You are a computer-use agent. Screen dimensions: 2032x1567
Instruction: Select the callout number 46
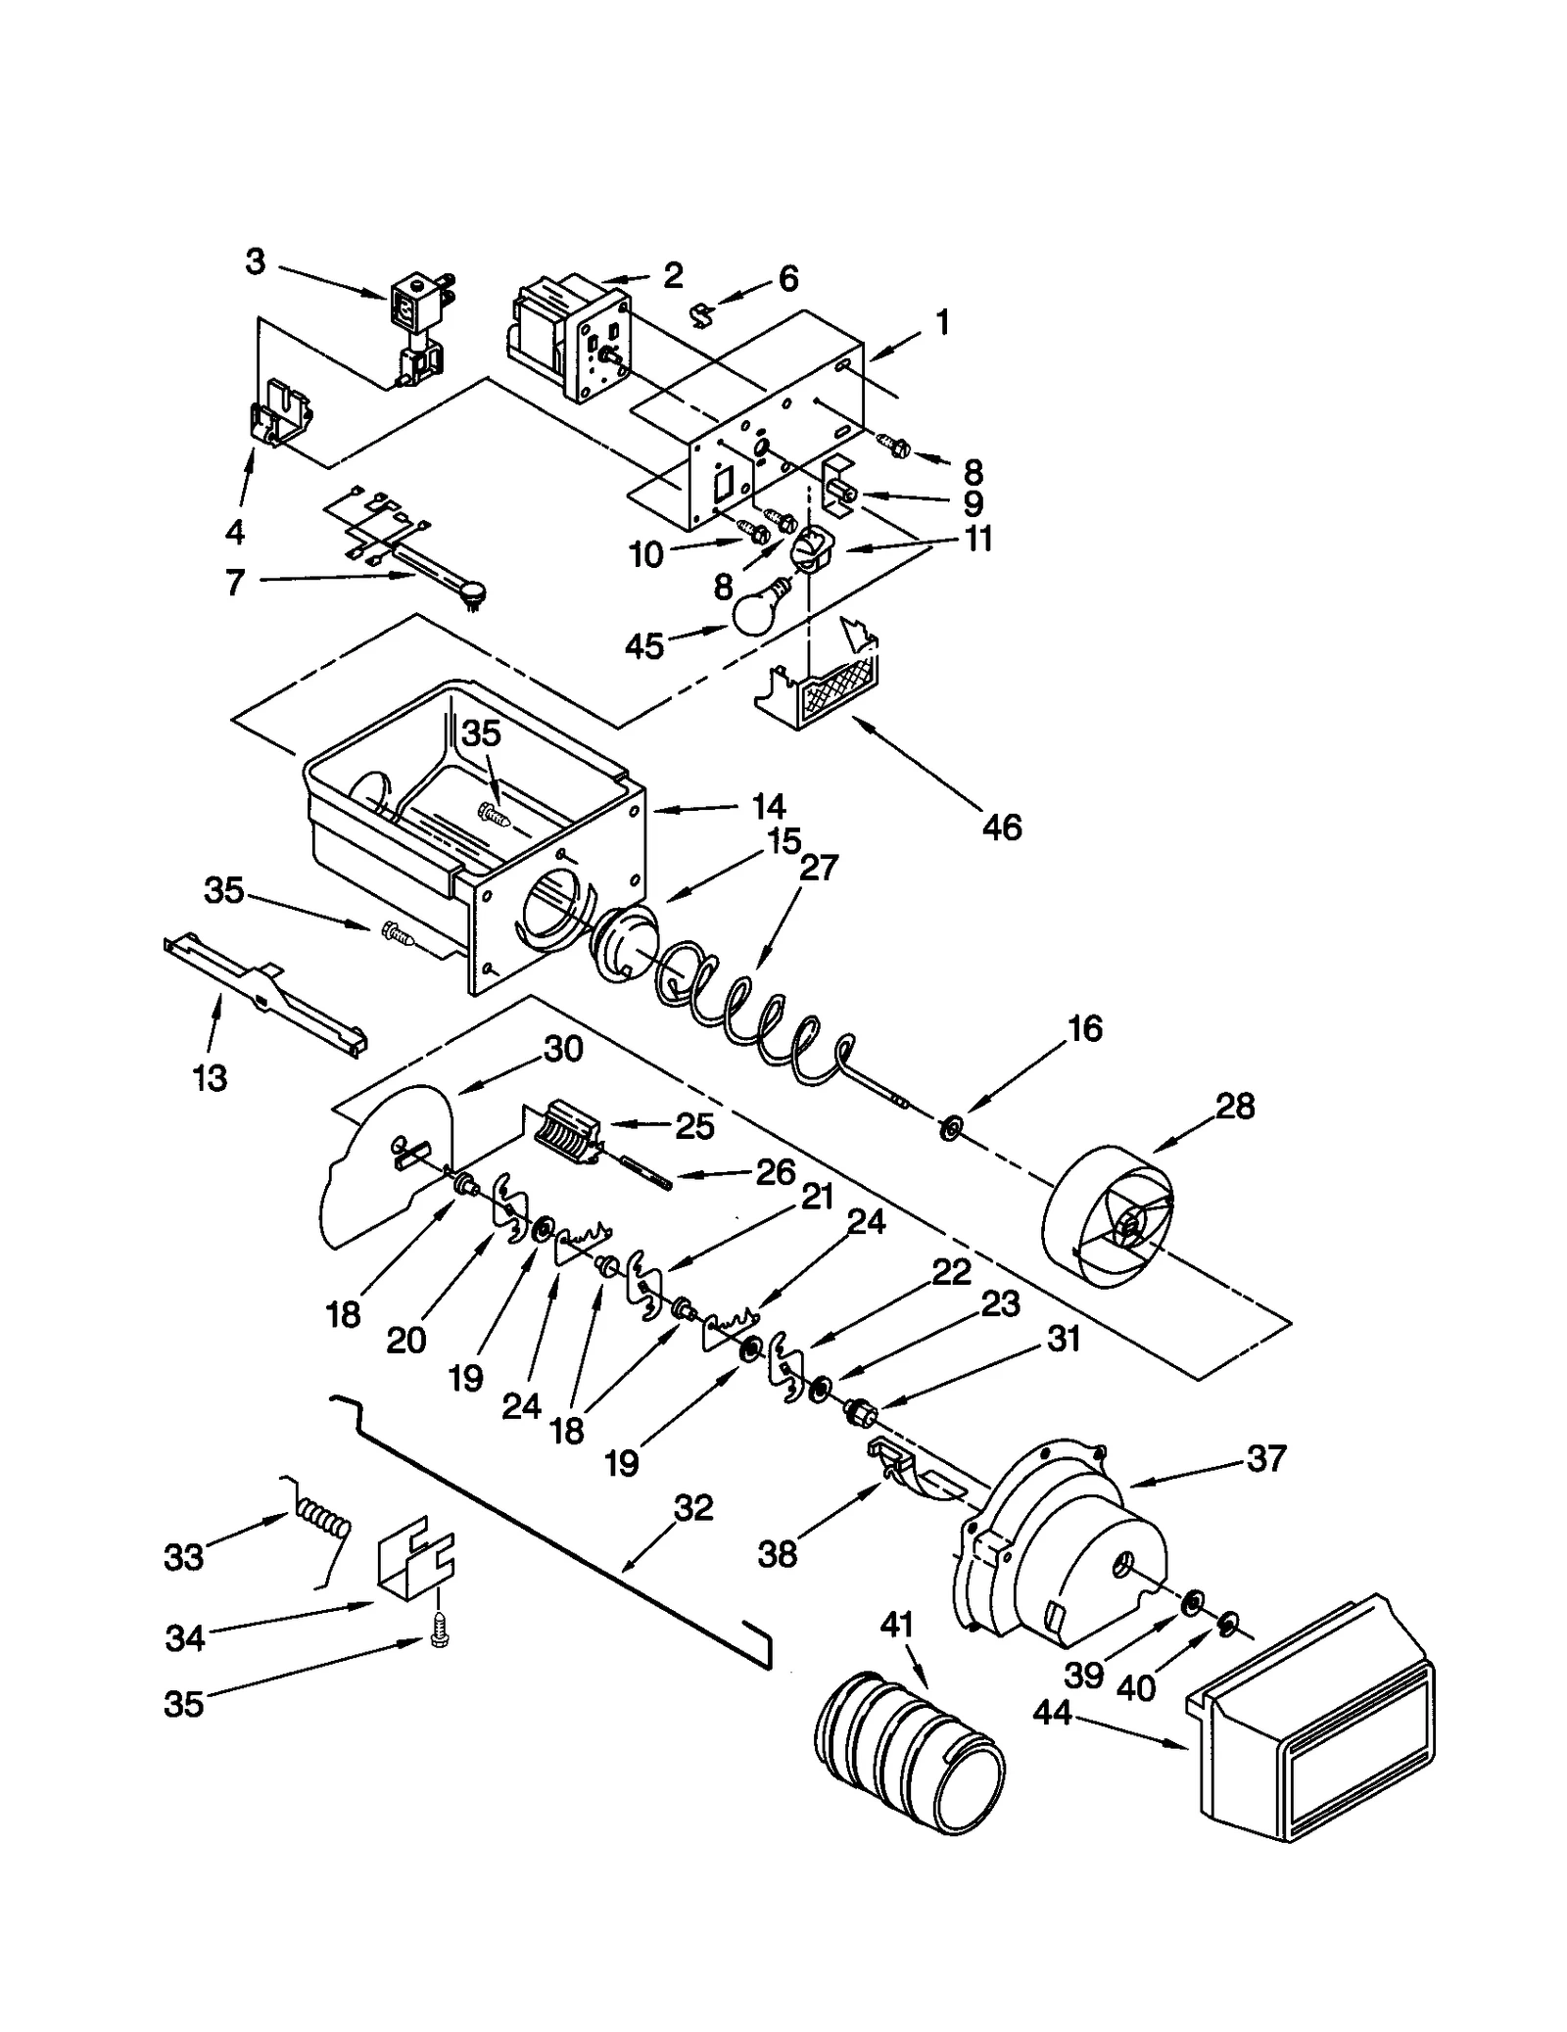coord(1001,827)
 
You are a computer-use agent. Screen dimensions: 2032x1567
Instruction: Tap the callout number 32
coord(693,1507)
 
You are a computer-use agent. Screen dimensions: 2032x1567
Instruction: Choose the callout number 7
coord(234,583)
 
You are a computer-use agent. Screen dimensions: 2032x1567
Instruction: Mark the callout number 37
coord(1265,1458)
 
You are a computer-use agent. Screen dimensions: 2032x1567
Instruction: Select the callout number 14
coord(769,806)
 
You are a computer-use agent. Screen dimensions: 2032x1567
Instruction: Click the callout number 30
coord(563,1049)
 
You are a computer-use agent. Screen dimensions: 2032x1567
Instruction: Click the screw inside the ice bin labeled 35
coord(493,812)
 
